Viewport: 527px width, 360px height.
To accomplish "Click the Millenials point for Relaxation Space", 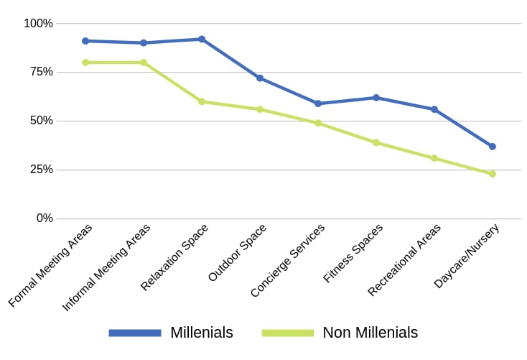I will [202, 39].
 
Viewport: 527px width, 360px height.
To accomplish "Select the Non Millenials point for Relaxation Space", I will [202, 101].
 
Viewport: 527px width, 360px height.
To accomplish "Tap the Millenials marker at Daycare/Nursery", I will [493, 147].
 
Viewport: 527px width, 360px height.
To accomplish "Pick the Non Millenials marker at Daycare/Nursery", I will [493, 174].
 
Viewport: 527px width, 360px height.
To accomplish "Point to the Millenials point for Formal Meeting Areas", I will [85, 41].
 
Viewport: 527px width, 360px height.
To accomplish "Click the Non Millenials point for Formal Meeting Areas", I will [85, 63].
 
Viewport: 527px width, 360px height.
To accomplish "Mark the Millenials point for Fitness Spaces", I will [376, 98].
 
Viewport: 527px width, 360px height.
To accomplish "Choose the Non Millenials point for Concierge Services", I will [318, 123].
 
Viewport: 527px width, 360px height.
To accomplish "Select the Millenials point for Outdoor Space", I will [260, 78].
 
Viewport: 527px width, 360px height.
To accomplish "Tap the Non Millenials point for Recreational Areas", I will [434, 158].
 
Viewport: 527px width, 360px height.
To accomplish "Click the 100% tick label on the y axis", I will [38, 24].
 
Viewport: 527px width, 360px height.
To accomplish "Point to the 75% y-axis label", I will [41, 72].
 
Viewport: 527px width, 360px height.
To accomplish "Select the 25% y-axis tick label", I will [41, 170].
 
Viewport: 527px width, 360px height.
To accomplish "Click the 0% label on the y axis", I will [45, 218].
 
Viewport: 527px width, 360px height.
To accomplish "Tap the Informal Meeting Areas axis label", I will [107, 267].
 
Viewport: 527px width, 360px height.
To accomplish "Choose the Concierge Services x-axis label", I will [288, 260].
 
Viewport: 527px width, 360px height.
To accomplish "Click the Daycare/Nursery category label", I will [467, 256].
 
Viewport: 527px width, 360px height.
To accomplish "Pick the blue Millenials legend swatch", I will [135, 333].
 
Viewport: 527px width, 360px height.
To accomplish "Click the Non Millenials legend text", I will [370, 333].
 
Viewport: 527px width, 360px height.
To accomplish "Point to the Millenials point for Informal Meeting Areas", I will [144, 43].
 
